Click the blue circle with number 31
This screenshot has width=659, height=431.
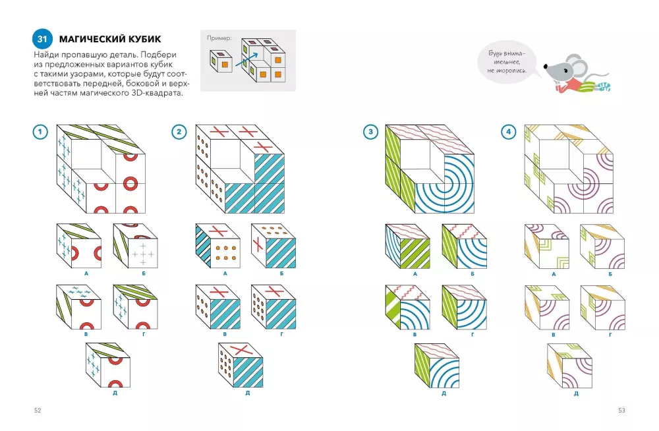42,39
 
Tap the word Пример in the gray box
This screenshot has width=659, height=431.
219,38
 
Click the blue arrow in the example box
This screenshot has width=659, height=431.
246,59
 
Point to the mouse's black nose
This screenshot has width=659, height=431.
546,66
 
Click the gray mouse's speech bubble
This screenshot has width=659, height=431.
507,62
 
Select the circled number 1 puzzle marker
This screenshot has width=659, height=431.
40,132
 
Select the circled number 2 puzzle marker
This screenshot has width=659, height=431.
179,132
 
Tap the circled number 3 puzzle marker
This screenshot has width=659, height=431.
370,132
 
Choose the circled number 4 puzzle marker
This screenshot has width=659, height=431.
509,132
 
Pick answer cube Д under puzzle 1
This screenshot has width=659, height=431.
107,365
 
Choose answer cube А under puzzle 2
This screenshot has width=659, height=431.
217,246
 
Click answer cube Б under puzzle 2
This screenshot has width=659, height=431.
273,246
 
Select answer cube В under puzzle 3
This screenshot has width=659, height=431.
408,307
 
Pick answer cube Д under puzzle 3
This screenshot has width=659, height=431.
437,365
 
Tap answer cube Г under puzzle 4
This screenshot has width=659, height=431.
602,307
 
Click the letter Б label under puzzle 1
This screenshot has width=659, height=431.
144,273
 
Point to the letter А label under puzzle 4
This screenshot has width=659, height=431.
554,273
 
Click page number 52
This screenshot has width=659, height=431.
38,411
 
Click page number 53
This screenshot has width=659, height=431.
621,411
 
